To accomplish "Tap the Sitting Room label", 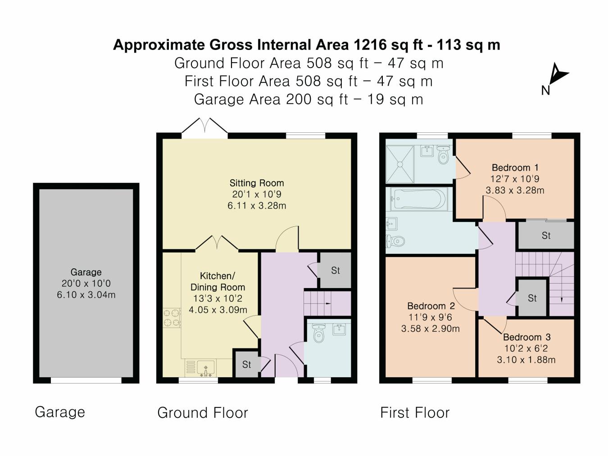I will coord(257,183).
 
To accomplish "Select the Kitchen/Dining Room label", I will coord(218,281).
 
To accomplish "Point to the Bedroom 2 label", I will coord(431,306).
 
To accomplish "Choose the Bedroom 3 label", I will coord(526,337).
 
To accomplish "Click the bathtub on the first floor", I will coord(419,199).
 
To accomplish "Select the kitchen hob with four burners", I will coord(172,316).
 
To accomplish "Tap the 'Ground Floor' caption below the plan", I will coord(202,413).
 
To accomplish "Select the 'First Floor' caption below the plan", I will coord(415,413).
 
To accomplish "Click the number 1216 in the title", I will coord(370,45).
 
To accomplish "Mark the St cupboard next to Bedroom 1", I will coord(546,235).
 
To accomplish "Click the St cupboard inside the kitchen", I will coord(246,364).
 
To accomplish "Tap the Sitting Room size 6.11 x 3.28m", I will coord(257,206).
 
